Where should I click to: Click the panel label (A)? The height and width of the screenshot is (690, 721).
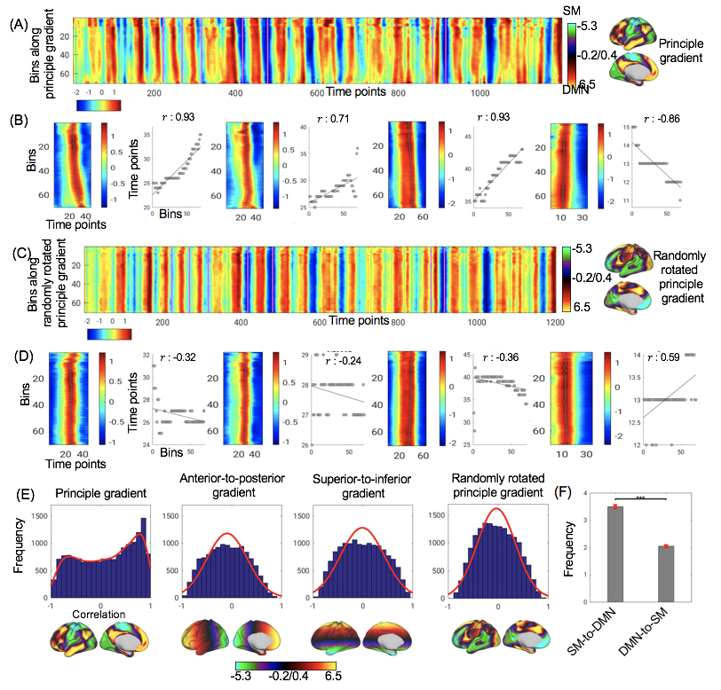(16, 25)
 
